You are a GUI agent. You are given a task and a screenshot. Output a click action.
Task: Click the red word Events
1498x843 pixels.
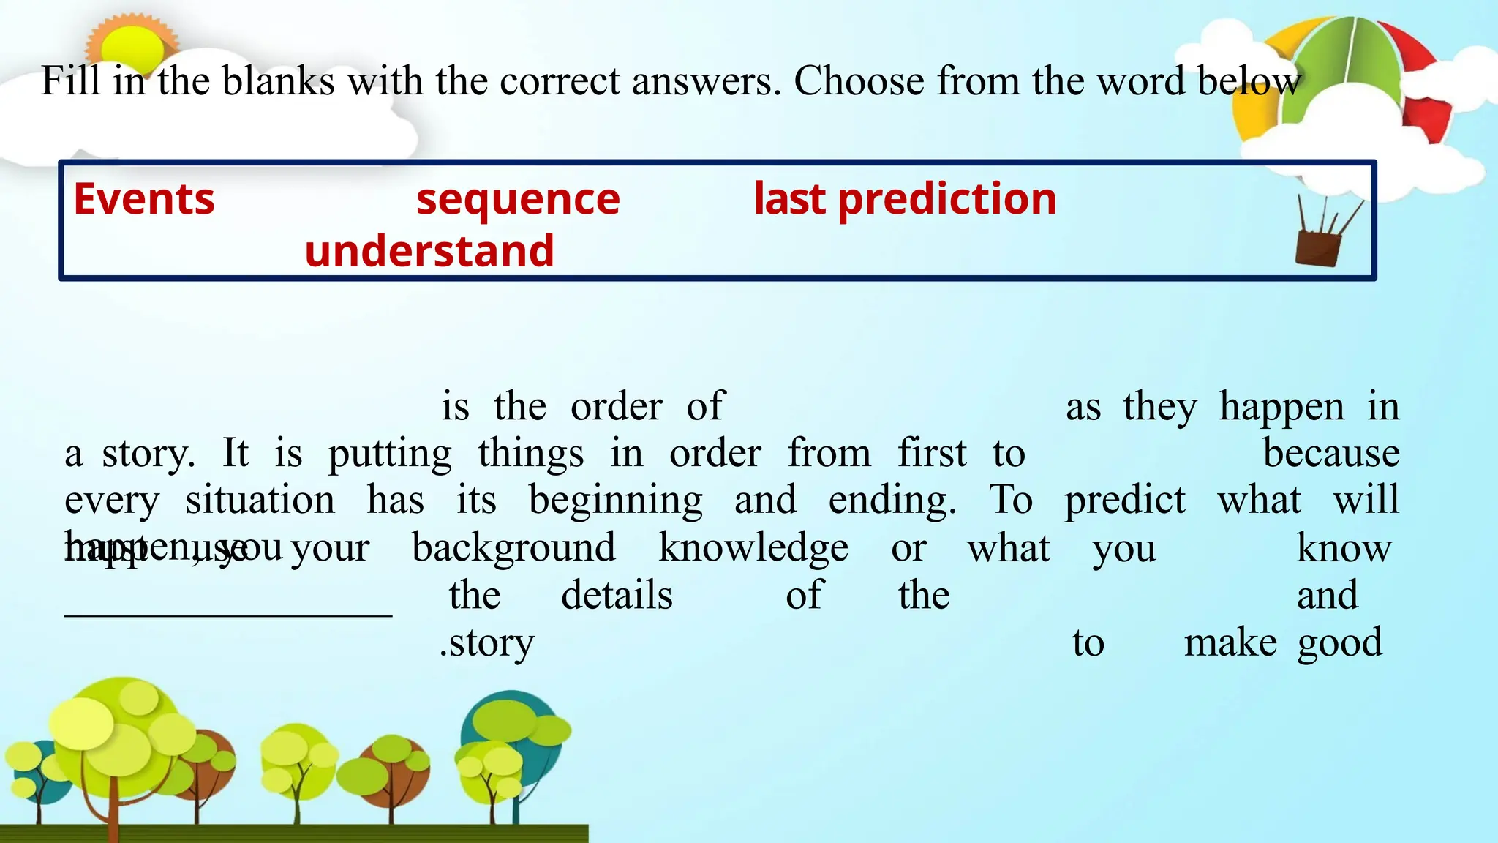[x=144, y=199]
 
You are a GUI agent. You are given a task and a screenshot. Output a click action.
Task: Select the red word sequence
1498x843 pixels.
[x=518, y=199]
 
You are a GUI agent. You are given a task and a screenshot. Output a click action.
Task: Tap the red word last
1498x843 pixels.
[x=789, y=199]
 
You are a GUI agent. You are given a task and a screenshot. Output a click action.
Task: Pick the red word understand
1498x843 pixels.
[x=429, y=251]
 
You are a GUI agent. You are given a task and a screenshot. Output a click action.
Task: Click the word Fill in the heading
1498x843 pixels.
[x=70, y=80]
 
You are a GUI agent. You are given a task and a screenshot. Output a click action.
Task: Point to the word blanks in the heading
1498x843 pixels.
[x=278, y=80]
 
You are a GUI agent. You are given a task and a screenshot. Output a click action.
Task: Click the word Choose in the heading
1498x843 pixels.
[x=859, y=80]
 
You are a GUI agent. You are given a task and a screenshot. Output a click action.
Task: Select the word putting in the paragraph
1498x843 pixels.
[x=390, y=454]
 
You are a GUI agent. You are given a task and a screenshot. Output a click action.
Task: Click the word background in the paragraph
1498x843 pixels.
[x=513, y=548]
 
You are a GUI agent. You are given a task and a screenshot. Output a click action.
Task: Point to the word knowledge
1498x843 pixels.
[x=753, y=548]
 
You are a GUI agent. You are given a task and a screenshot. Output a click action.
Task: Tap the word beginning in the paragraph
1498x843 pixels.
[x=616, y=501]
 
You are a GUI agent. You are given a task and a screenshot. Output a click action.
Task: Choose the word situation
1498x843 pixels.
[x=260, y=501]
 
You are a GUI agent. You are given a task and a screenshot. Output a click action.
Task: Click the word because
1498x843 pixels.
[x=1331, y=454]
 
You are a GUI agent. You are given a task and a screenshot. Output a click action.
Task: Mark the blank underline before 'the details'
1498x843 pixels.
[x=228, y=613]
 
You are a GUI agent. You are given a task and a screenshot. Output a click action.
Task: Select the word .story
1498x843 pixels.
[x=487, y=643]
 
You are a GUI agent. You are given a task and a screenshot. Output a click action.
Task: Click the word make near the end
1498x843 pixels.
[x=1230, y=643]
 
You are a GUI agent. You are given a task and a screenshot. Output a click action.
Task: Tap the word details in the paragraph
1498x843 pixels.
[x=617, y=596]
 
